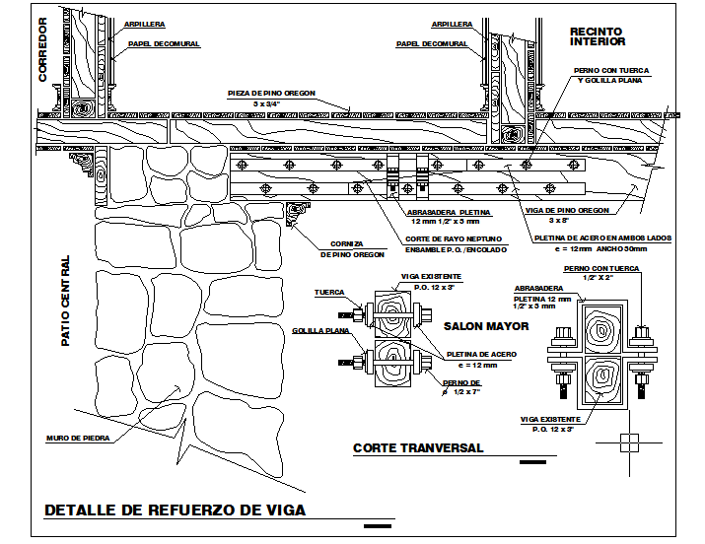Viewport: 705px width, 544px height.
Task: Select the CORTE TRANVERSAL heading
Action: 418,448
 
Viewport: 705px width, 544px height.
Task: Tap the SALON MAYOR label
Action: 485,326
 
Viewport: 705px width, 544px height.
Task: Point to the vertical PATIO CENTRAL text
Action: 66,301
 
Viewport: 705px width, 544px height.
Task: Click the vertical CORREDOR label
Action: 42,49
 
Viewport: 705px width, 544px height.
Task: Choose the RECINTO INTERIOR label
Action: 598,36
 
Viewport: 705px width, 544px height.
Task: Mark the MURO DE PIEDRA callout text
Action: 77,439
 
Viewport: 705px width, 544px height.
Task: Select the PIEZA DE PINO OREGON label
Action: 271,92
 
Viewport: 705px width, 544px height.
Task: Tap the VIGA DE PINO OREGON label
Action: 581,210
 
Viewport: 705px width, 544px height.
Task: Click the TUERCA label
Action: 328,293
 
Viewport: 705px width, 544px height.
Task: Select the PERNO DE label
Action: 461,382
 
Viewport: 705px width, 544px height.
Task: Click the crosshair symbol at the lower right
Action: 627,442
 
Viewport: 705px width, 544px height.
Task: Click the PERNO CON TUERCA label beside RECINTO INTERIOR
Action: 612,70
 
